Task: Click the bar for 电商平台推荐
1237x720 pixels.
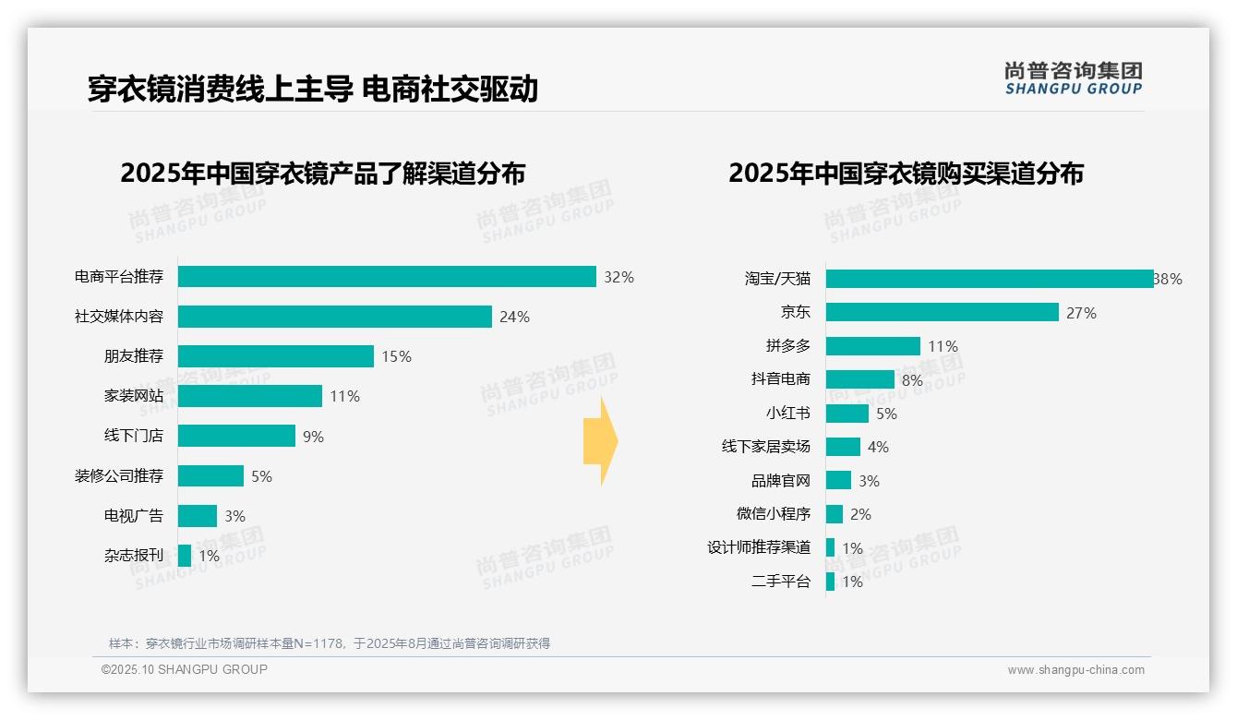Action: [387, 277]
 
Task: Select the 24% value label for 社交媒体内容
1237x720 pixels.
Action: [514, 318]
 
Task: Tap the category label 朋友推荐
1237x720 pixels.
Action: [133, 356]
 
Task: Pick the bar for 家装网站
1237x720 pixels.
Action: [250, 396]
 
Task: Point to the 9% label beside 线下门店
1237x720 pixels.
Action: [313, 437]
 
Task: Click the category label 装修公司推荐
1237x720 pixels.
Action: [119, 476]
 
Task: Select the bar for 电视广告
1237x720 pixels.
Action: [198, 516]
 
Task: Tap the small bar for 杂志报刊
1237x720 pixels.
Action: [185, 556]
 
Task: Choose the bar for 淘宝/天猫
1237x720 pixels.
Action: [989, 279]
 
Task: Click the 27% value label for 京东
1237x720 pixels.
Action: [1081, 313]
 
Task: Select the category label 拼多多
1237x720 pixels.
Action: [787, 346]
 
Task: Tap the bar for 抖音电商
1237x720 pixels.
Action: [859, 379]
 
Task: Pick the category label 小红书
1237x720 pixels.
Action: [787, 414]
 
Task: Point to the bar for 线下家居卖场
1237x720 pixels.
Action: [843, 447]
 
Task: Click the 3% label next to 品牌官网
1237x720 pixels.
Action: [869, 481]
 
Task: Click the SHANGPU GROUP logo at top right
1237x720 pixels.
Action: [1073, 78]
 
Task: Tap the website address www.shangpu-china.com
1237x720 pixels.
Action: [1075, 670]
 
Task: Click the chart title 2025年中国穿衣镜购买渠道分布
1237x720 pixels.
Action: [906, 174]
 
